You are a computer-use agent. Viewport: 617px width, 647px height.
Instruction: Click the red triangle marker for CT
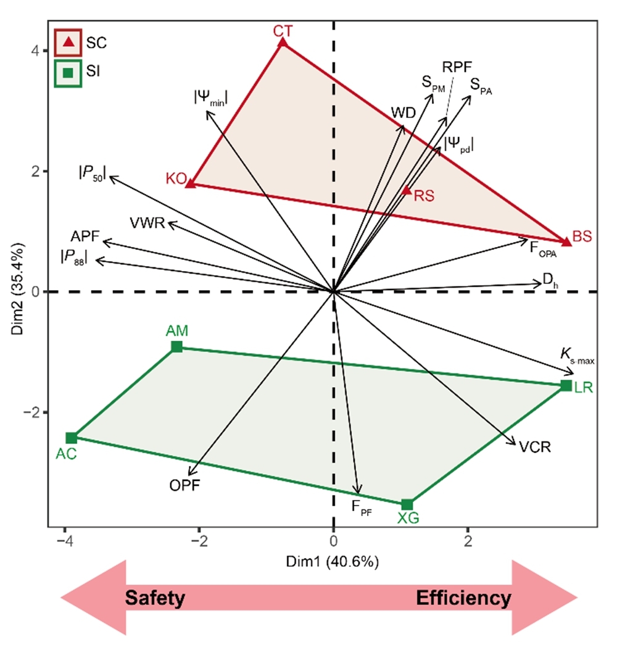(283, 43)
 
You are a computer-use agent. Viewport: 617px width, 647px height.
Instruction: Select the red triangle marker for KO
(191, 183)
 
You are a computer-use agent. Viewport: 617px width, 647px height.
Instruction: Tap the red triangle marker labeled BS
(566, 241)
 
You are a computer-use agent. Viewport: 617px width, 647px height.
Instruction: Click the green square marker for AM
(177, 346)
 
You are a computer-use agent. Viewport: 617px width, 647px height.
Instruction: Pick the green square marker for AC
(72, 438)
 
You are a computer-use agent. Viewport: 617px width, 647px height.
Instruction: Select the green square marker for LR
(566, 385)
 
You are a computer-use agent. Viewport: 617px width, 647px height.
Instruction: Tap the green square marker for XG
(407, 504)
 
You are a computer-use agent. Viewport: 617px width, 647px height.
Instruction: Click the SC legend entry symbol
(69, 42)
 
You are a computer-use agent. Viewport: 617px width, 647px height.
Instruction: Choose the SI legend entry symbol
(69, 73)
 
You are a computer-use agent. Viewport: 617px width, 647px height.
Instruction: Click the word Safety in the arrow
(155, 598)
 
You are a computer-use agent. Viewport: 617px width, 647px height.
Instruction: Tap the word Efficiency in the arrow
(463, 598)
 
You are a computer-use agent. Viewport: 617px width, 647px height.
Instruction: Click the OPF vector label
(184, 485)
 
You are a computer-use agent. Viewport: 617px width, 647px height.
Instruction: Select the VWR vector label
(147, 223)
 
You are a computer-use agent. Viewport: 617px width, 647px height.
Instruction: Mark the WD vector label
(404, 112)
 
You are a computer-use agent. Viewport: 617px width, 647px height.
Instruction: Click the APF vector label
(85, 236)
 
